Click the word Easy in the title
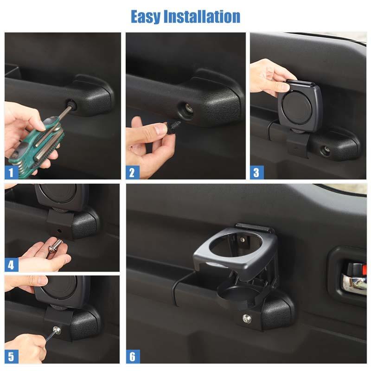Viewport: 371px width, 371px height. coord(147,17)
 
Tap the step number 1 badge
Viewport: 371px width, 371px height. coord(12,173)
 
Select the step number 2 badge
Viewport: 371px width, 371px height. coord(132,173)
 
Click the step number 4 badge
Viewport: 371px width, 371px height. coord(12,265)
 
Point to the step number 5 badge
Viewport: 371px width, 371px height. coord(12,357)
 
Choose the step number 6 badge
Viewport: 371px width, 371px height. coord(133,357)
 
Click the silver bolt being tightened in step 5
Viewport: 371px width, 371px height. coord(57,330)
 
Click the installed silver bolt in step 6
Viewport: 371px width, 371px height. coord(248,319)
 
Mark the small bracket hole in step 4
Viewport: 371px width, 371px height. coord(58,230)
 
